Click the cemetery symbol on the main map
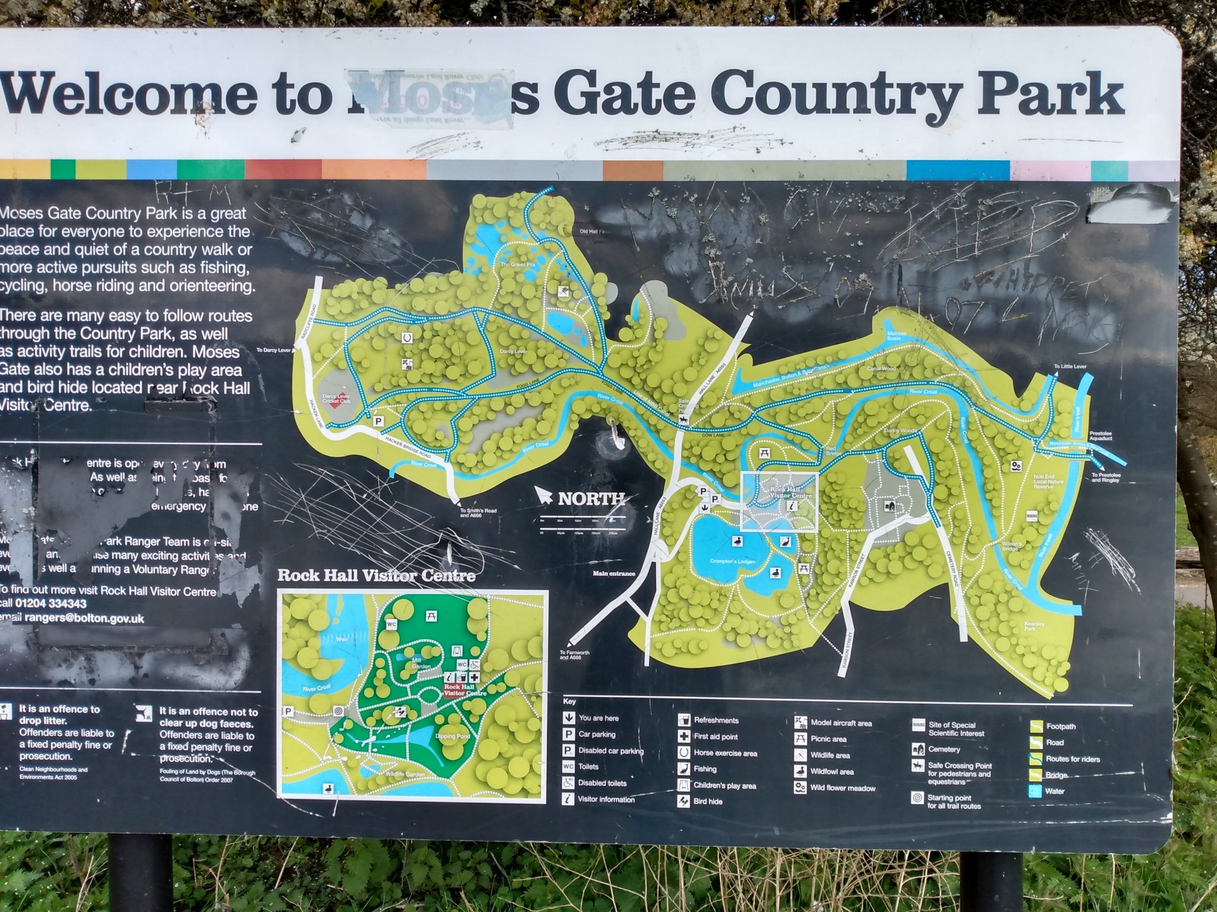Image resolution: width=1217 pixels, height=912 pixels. (889, 505)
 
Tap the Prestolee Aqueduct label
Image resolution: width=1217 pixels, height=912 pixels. (1101, 436)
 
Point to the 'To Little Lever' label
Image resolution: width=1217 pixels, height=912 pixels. (1070, 366)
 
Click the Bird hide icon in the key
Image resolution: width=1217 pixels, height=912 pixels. (684, 801)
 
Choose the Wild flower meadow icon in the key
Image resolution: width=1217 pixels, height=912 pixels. (800, 788)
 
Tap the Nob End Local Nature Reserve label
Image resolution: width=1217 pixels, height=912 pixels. (1043, 482)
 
